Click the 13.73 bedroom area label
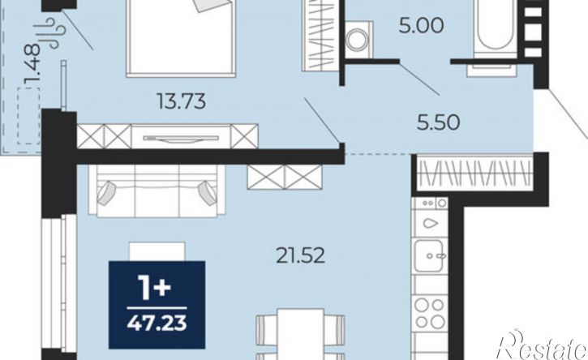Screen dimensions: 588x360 click(x=182, y=101)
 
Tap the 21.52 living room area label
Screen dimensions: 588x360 click(x=300, y=256)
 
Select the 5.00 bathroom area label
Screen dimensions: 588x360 click(x=422, y=26)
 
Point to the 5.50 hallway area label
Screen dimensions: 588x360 click(x=439, y=122)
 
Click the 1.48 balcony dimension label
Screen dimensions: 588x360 click(x=32, y=65)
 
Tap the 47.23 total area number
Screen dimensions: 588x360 click(x=157, y=324)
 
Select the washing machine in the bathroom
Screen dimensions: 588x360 click(x=358, y=40)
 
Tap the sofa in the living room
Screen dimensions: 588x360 click(x=157, y=191)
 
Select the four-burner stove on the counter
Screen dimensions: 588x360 click(x=430, y=314)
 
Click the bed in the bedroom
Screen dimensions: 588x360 click(x=181, y=37)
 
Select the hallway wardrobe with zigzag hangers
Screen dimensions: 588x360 click(x=474, y=174)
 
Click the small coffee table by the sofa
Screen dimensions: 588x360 click(x=157, y=251)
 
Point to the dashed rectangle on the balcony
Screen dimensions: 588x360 click(x=28, y=115)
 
